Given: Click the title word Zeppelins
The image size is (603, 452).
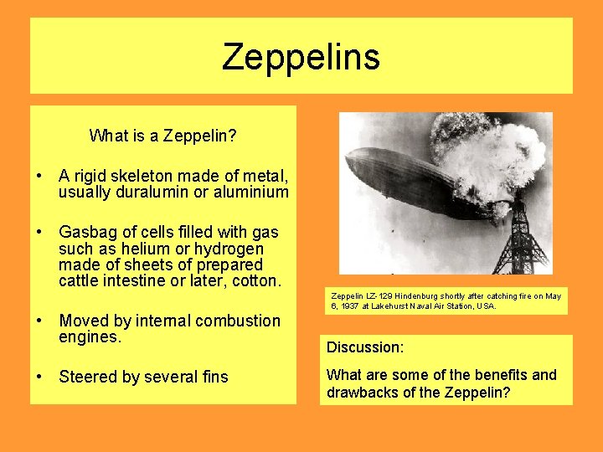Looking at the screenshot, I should point(301,57).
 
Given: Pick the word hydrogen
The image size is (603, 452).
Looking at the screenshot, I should point(229,249).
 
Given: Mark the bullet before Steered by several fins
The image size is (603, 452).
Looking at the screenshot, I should point(39,377).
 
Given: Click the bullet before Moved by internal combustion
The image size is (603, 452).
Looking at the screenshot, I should point(39,321).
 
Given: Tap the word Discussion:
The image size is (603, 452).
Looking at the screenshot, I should point(365,347).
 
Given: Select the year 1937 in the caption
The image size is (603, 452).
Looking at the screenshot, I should point(351,306).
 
